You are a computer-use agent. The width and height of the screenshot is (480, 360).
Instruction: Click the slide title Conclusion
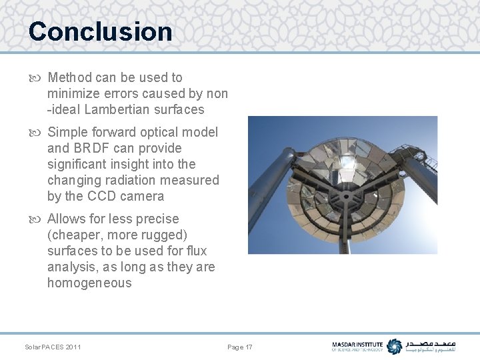(x=100, y=31)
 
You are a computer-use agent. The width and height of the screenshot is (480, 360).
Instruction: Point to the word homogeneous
(x=89, y=283)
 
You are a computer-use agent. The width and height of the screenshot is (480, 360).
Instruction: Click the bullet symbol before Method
(x=37, y=78)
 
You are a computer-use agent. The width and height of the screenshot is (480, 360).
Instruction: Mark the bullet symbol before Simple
(x=37, y=133)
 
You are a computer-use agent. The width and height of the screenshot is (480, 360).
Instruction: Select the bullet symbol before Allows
(x=37, y=219)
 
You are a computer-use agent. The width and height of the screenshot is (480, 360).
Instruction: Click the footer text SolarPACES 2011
(x=53, y=347)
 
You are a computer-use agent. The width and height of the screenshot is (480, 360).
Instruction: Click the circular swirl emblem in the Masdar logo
(x=395, y=347)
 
